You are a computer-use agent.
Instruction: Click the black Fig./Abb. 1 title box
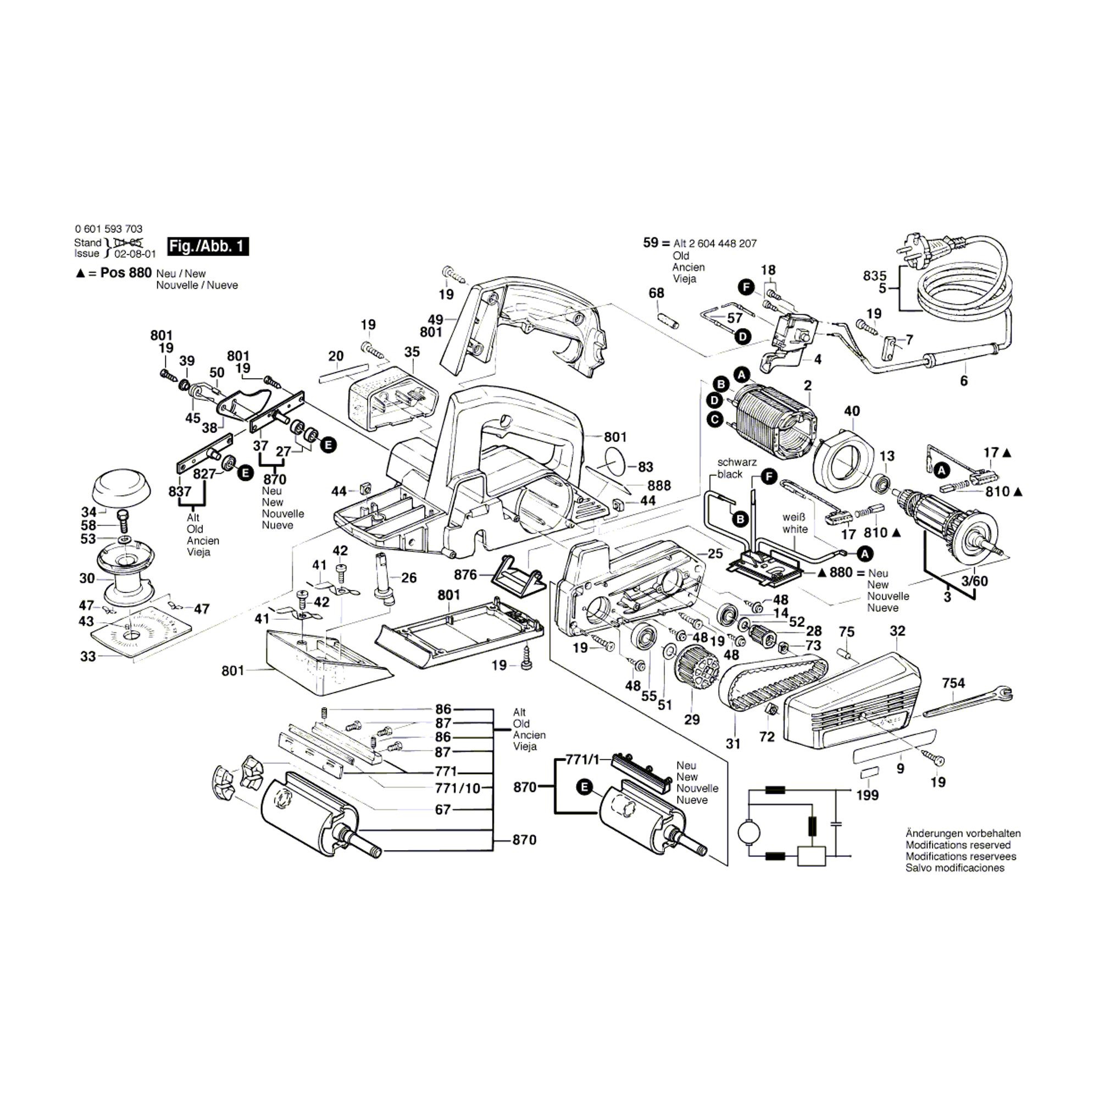pyautogui.click(x=208, y=246)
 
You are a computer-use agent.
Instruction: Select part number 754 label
pyautogui.click(x=953, y=682)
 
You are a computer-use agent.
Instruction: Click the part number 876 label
pyautogui.click(x=465, y=575)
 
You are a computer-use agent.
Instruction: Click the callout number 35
pyautogui.click(x=412, y=352)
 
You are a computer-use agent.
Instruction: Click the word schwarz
pyautogui.click(x=737, y=463)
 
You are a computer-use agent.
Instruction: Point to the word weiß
pyautogui.click(x=794, y=518)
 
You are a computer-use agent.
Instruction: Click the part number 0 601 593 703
pyautogui.click(x=109, y=229)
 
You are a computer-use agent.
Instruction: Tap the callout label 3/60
pyautogui.click(x=974, y=581)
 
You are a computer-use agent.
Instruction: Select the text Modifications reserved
pyautogui.click(x=958, y=845)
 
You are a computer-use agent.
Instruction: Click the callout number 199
pyautogui.click(x=868, y=795)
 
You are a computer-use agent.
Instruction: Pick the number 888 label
pyautogui.click(x=659, y=485)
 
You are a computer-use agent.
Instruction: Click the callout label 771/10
pyautogui.click(x=458, y=789)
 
